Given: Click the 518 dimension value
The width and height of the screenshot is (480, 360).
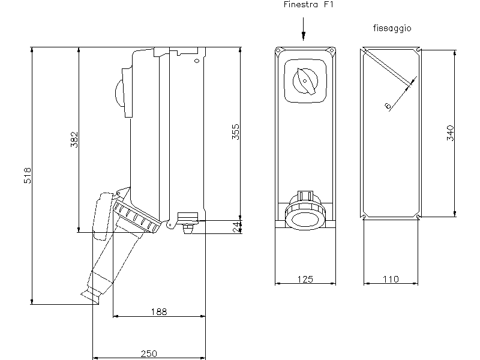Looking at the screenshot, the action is pyautogui.click(x=28, y=175).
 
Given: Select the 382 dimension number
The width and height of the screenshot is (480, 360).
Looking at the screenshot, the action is pyautogui.click(x=74, y=140).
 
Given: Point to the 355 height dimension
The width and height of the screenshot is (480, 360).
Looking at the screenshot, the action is pyautogui.click(x=235, y=131).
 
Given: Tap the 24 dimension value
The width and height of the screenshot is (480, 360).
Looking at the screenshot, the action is pyautogui.click(x=236, y=227).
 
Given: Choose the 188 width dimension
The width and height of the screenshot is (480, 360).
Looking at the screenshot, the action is pyautogui.click(x=159, y=311).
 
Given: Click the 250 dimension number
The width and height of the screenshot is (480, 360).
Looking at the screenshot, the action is pyautogui.click(x=149, y=353).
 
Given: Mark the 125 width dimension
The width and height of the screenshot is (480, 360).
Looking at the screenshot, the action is pyautogui.click(x=305, y=279).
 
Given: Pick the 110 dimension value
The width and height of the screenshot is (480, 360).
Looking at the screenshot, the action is pyautogui.click(x=391, y=279).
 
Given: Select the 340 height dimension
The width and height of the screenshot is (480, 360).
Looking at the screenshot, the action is pyautogui.click(x=451, y=133).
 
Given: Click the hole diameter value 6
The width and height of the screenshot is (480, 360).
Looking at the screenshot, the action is pyautogui.click(x=388, y=106).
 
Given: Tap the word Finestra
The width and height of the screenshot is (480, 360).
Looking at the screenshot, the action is pyautogui.click(x=301, y=5).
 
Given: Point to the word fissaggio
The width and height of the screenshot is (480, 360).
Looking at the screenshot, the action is pyautogui.click(x=392, y=28).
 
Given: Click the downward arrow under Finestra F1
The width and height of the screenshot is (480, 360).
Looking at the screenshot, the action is pyautogui.click(x=304, y=29).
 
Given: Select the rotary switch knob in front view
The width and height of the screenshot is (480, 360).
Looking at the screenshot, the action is pyautogui.click(x=305, y=81).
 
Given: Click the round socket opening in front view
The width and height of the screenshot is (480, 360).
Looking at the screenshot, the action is pyautogui.click(x=305, y=220).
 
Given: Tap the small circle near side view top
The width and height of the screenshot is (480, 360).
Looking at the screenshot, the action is pyautogui.click(x=197, y=61).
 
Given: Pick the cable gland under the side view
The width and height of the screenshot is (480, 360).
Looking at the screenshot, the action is pyautogui.click(x=188, y=229).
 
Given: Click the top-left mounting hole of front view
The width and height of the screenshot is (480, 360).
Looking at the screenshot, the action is pyautogui.click(x=278, y=50).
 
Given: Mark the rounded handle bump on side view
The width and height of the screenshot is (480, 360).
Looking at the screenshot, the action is pyautogui.click(x=119, y=93).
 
